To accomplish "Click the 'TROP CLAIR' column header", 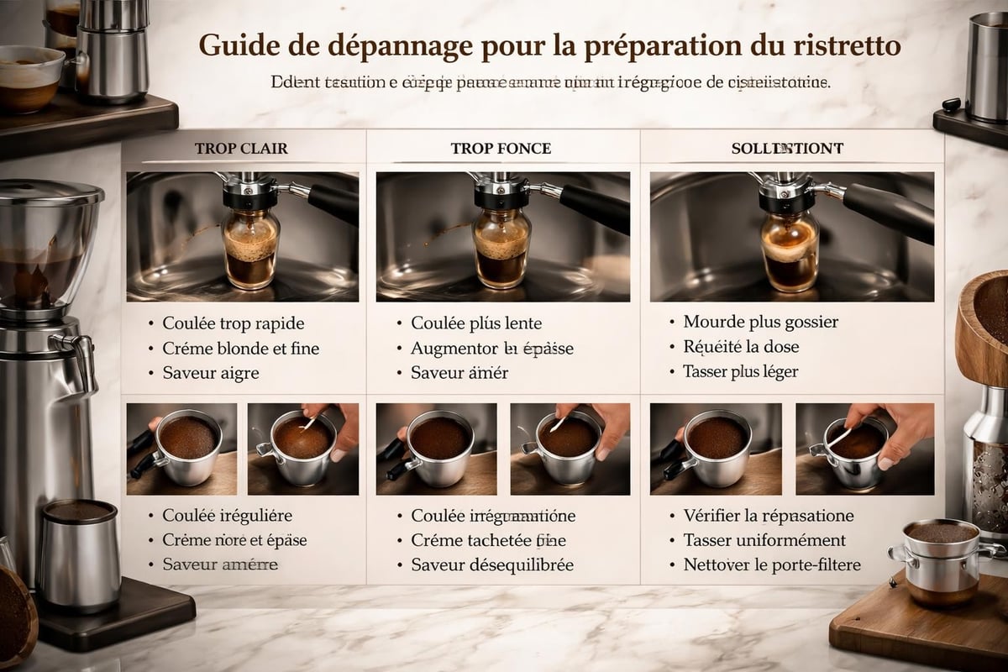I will point(241,149).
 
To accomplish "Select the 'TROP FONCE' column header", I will point(501,149).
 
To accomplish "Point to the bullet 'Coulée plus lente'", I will point(476,323).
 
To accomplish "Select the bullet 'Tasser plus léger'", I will point(741,371).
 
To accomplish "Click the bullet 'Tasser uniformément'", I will point(764,540).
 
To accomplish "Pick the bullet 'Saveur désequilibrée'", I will point(492,565).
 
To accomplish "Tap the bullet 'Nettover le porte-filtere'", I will point(772,565).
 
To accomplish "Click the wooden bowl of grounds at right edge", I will point(984,328).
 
